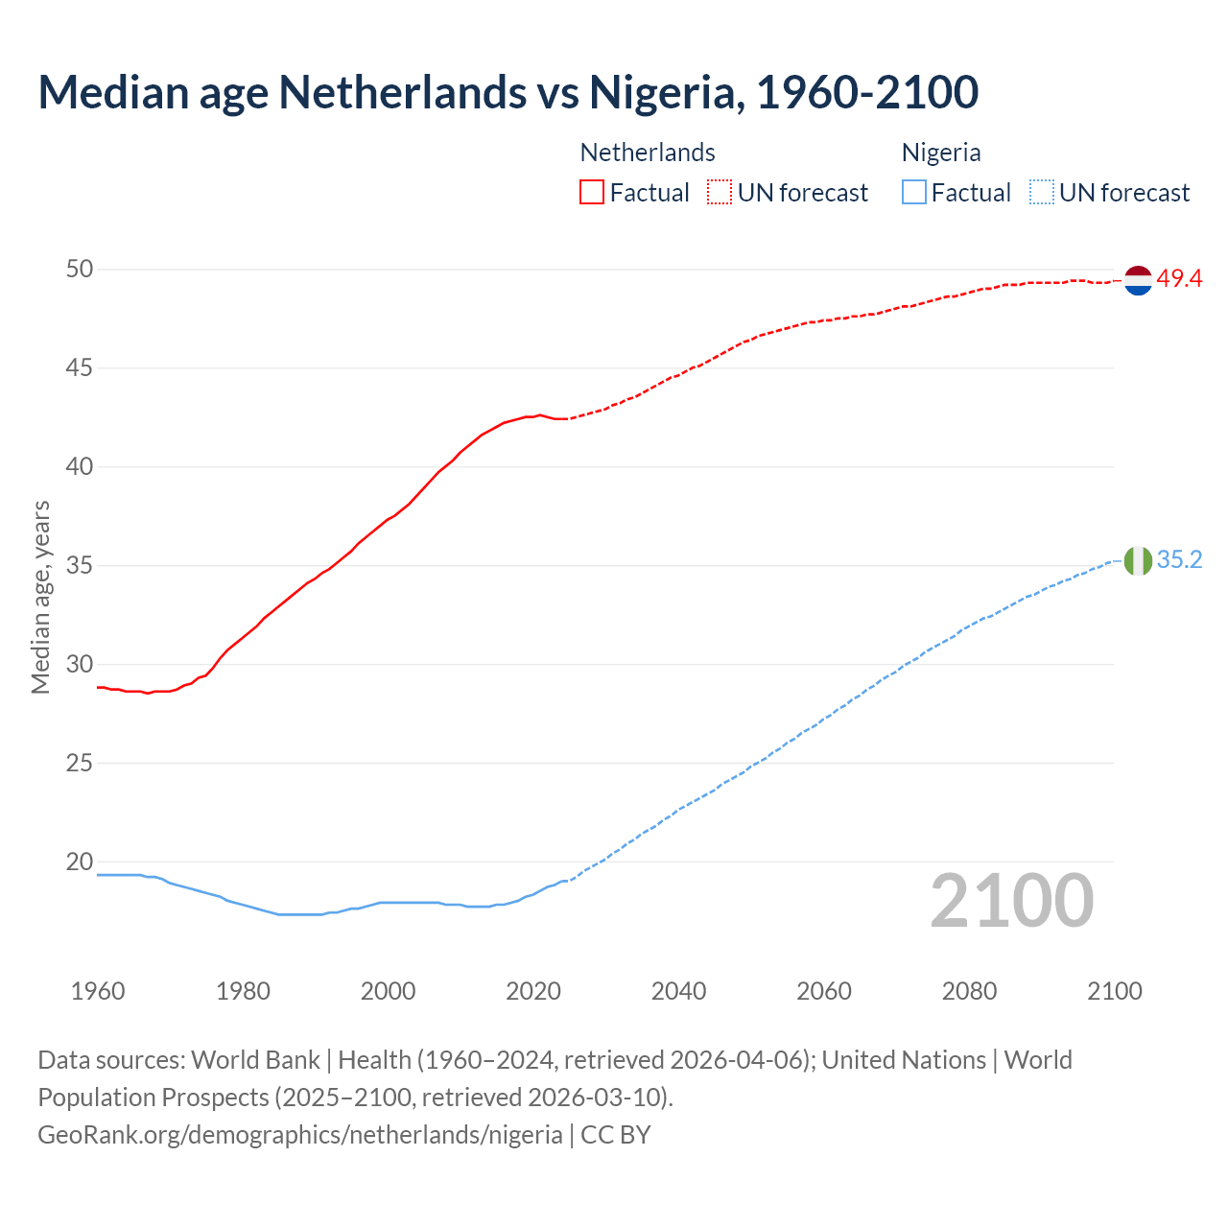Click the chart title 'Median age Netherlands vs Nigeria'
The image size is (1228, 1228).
[508, 92]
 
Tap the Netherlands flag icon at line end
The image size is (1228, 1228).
[1138, 280]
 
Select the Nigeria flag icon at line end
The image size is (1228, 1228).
[1138, 560]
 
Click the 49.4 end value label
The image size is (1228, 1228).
[1179, 279]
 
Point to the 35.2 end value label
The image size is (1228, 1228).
[1179, 560]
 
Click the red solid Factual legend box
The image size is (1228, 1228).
[592, 193]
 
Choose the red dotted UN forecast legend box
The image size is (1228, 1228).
[720, 193]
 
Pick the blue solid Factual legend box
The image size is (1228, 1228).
[913, 193]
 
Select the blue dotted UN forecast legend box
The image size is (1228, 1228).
[1041, 193]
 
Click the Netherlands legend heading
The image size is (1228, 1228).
[648, 153]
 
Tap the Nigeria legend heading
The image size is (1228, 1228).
[940, 153]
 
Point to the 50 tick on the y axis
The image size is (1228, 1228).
[80, 270]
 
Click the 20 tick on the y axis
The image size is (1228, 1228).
[80, 862]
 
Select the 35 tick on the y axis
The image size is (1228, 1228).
[80, 566]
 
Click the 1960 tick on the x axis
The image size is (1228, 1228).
[98, 991]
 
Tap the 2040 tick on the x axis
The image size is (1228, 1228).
[678, 991]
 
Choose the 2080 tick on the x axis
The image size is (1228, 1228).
[969, 991]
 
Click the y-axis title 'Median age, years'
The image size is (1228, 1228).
[40, 597]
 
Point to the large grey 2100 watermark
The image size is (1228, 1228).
[1011, 901]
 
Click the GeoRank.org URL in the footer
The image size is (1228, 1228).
[300, 1135]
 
